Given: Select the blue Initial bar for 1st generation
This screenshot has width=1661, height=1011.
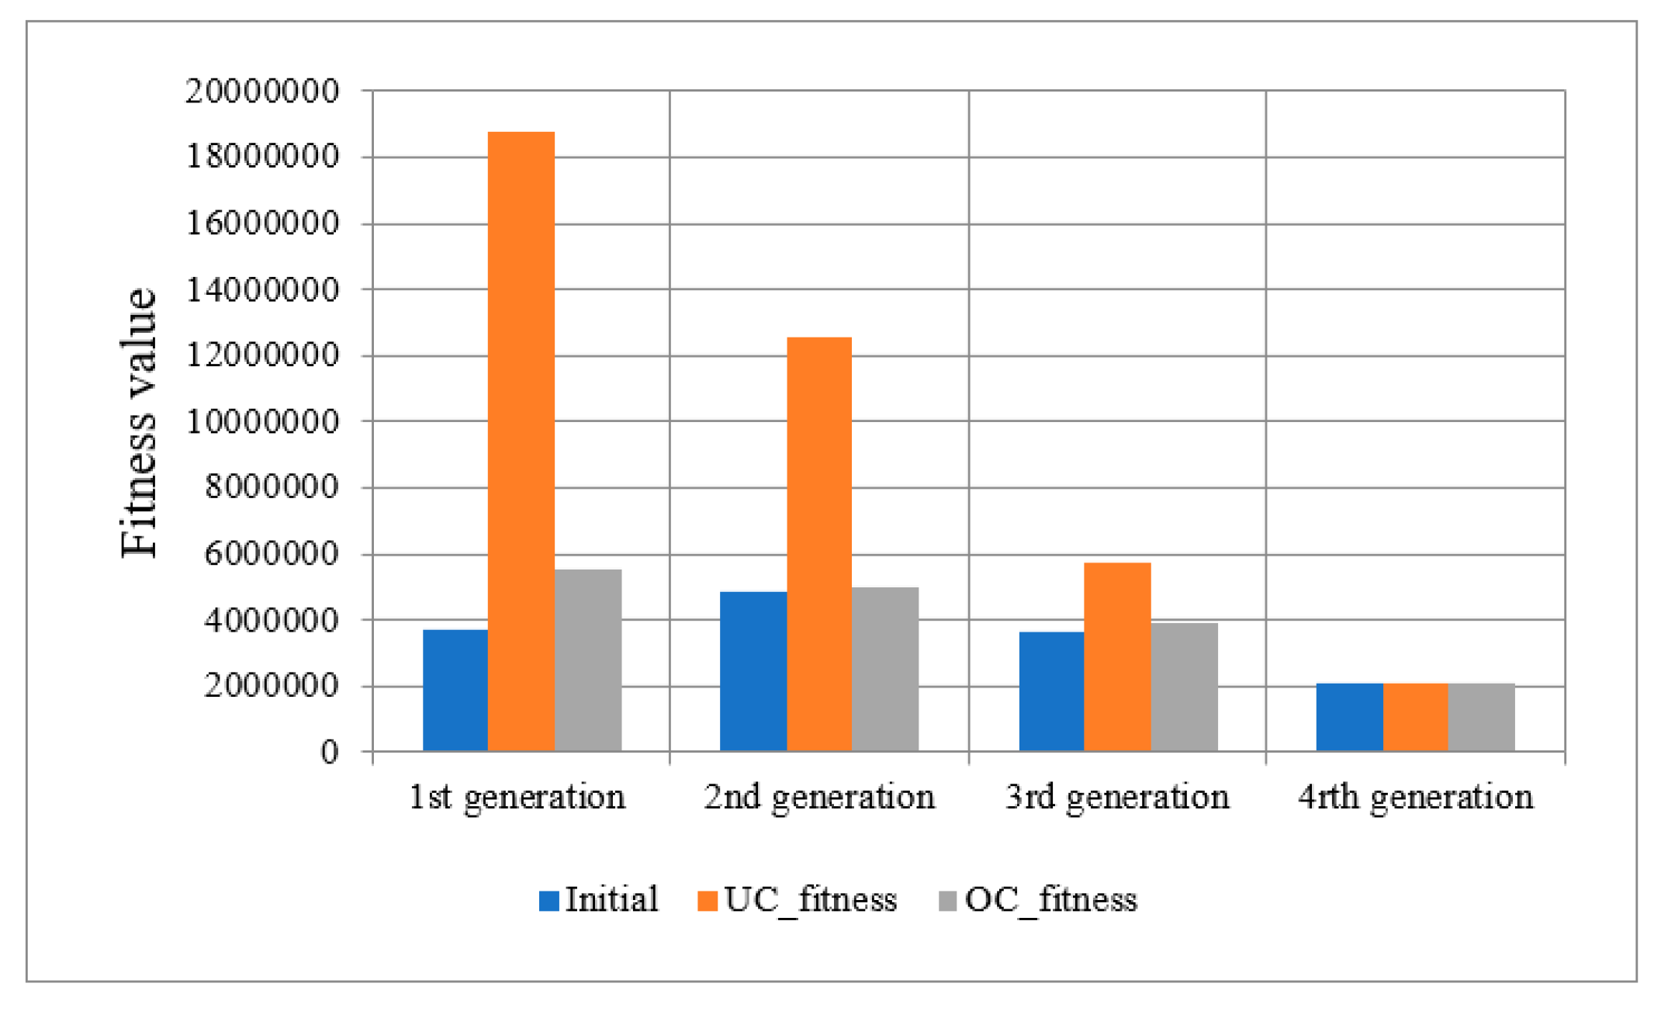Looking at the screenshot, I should point(455,690).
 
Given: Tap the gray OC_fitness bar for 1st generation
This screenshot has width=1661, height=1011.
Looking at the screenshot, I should point(588,660).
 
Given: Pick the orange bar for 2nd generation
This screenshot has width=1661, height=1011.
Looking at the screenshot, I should point(819,543).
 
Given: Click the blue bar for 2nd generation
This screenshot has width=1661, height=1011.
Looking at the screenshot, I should point(753,671).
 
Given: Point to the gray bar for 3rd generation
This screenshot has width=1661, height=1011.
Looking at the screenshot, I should point(1184,687).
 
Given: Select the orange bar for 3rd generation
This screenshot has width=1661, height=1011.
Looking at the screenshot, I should point(1117,656).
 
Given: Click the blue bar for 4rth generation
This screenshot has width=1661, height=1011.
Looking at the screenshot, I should point(1349,717).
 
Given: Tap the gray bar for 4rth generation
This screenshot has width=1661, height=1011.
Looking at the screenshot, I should point(1481,717).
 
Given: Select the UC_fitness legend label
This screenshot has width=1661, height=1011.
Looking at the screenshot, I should point(810,900).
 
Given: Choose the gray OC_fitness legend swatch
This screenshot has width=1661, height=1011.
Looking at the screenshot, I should point(947,901).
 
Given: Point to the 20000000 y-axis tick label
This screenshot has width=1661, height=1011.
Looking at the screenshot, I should point(262,92).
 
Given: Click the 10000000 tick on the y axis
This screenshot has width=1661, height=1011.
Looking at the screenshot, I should point(262,422).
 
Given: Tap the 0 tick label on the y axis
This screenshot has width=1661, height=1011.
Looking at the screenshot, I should point(330,752).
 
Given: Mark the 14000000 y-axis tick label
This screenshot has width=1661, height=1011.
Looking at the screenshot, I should point(262,290).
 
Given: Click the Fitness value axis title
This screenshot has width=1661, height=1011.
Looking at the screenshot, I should point(140,422).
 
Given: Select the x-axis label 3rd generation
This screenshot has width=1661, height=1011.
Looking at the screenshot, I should point(1117,798).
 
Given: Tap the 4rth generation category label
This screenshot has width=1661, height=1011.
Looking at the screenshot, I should point(1415,798).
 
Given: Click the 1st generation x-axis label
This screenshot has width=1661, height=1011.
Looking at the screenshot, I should point(517,798).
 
